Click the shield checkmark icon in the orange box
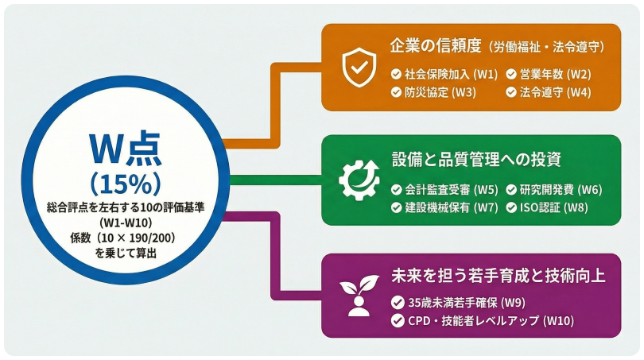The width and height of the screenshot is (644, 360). (x=355, y=68)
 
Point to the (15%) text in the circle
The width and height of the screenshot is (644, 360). (x=126, y=183)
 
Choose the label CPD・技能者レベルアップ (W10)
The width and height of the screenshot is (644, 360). (x=485, y=321)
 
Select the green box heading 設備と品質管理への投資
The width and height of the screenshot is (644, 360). (x=476, y=159)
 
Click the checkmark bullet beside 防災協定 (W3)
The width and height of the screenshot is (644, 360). (x=397, y=92)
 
